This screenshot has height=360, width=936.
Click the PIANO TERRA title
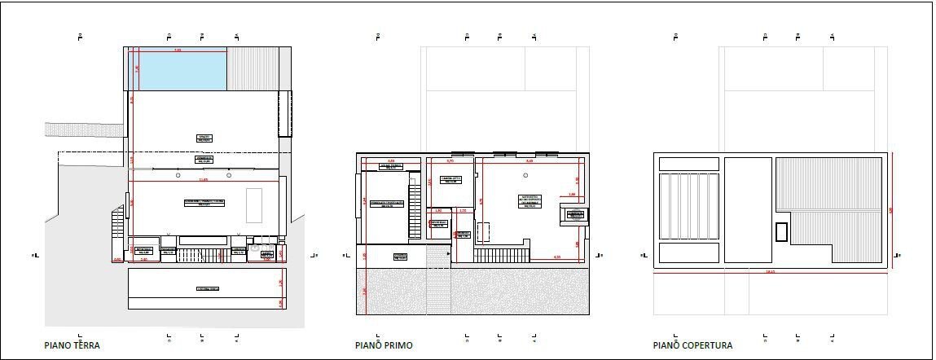tap(73, 345)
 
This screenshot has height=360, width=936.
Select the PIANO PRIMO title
tap(384, 345)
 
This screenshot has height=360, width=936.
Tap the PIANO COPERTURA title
tap(692, 345)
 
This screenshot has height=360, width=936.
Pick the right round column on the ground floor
tap(230, 175)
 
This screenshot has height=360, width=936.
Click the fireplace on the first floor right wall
tap(573, 215)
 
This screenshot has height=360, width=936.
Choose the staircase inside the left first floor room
tap(415, 200)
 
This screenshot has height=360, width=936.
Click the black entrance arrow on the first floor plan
tap(447, 255)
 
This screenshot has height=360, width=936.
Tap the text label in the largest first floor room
tap(530, 200)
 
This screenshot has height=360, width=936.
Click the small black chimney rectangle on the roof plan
tap(781, 231)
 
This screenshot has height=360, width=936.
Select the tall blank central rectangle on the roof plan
tap(747, 210)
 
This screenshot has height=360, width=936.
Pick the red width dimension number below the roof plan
tap(770, 272)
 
